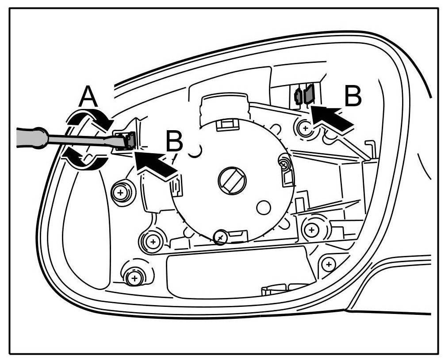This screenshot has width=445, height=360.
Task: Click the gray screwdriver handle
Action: (27, 137)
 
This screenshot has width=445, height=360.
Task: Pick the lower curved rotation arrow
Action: (87, 160)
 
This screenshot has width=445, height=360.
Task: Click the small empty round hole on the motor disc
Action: (264, 206)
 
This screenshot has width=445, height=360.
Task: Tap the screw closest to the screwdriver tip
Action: (119, 192)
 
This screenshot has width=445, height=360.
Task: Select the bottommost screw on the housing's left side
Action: (133, 278)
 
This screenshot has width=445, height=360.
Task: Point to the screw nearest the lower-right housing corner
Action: (328, 264)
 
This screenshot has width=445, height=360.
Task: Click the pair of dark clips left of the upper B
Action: (304, 94)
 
